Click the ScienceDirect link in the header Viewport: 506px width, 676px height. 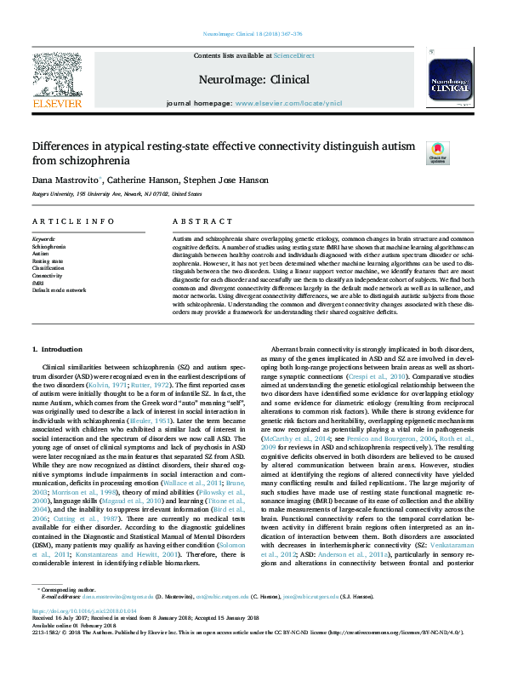tap(294, 54)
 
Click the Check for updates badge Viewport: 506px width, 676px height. tap(460, 152)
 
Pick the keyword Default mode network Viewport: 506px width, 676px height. tap(60, 290)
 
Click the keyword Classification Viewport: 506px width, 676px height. tap(49, 268)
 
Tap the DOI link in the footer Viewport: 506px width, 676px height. tap(85, 611)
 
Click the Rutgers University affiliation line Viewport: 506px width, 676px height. tap(111, 193)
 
